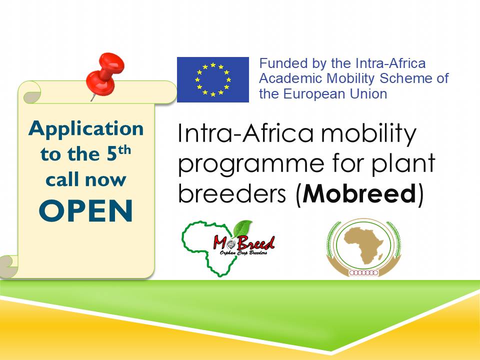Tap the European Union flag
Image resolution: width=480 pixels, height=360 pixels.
click(x=213, y=79)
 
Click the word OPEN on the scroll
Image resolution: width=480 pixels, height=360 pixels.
click(x=86, y=210)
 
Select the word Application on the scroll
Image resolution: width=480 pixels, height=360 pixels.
click(x=86, y=129)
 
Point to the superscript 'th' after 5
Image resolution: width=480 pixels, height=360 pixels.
click(x=124, y=150)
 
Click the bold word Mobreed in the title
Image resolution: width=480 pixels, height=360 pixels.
click(x=359, y=193)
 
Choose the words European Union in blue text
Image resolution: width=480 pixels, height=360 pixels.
click(x=335, y=93)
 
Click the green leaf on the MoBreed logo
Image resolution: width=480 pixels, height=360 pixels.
click(x=243, y=228)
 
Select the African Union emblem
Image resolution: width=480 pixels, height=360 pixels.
click(x=363, y=247)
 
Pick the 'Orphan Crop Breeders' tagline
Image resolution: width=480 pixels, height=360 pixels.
click(x=243, y=252)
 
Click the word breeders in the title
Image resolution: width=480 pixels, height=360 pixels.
click(x=231, y=193)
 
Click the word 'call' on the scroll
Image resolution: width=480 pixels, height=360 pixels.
click(x=62, y=179)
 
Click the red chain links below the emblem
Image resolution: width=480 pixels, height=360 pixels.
click(x=364, y=273)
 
